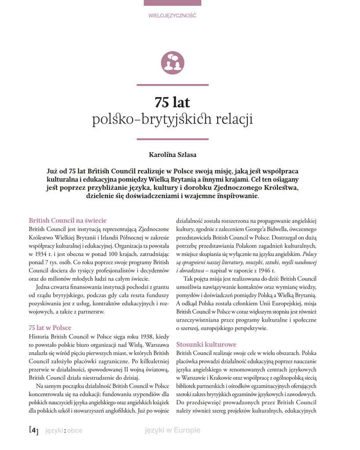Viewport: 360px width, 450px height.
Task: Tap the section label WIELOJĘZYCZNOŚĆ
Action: tap(172, 15)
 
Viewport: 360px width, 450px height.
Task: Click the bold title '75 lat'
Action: tap(172, 102)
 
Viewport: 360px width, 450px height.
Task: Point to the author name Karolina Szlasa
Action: tap(172, 155)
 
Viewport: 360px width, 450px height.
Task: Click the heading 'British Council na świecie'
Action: tap(68, 220)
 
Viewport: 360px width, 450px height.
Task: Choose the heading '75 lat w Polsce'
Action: tap(50, 328)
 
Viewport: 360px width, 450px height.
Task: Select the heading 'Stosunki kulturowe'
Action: tap(206, 345)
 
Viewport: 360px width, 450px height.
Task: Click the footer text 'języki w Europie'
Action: tap(172, 431)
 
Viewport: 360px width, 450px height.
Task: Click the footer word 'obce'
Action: tap(75, 431)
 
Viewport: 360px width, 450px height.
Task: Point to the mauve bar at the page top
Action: tap(172, 3)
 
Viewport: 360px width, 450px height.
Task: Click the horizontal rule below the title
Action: tap(172, 139)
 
